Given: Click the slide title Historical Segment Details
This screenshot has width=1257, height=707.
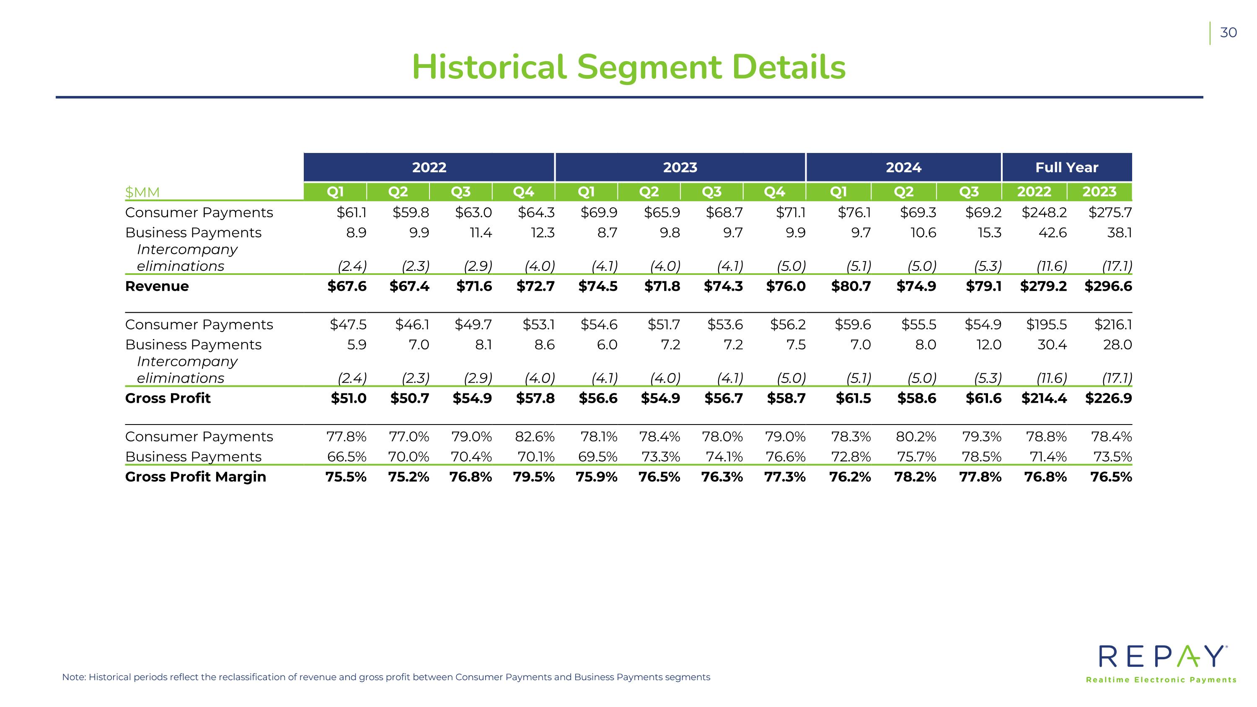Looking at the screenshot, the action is point(628,67).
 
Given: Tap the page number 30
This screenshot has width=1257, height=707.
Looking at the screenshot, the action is point(1228,33).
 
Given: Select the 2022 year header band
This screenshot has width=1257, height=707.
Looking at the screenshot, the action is point(429,167).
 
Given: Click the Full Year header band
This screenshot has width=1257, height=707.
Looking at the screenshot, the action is point(1067,167).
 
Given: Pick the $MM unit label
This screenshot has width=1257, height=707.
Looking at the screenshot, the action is point(142,192).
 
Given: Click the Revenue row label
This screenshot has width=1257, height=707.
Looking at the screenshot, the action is point(157,286).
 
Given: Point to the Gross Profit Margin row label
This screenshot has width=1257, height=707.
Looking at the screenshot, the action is point(196,477).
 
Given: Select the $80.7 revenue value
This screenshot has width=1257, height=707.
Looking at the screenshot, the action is point(851,286).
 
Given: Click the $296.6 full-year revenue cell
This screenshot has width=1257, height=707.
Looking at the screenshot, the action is point(1108,286).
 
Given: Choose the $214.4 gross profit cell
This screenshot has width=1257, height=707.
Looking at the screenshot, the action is point(1044,398).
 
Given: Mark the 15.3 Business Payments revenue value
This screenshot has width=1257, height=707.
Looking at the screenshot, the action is point(990,233).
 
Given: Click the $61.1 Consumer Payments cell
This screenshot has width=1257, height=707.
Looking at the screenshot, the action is point(352,212).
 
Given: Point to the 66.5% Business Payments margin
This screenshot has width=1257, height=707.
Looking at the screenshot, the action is point(347,457).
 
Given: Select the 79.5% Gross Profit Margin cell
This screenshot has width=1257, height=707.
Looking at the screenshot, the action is point(534,477).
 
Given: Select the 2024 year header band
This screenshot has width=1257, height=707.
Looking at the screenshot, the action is point(904,167).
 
